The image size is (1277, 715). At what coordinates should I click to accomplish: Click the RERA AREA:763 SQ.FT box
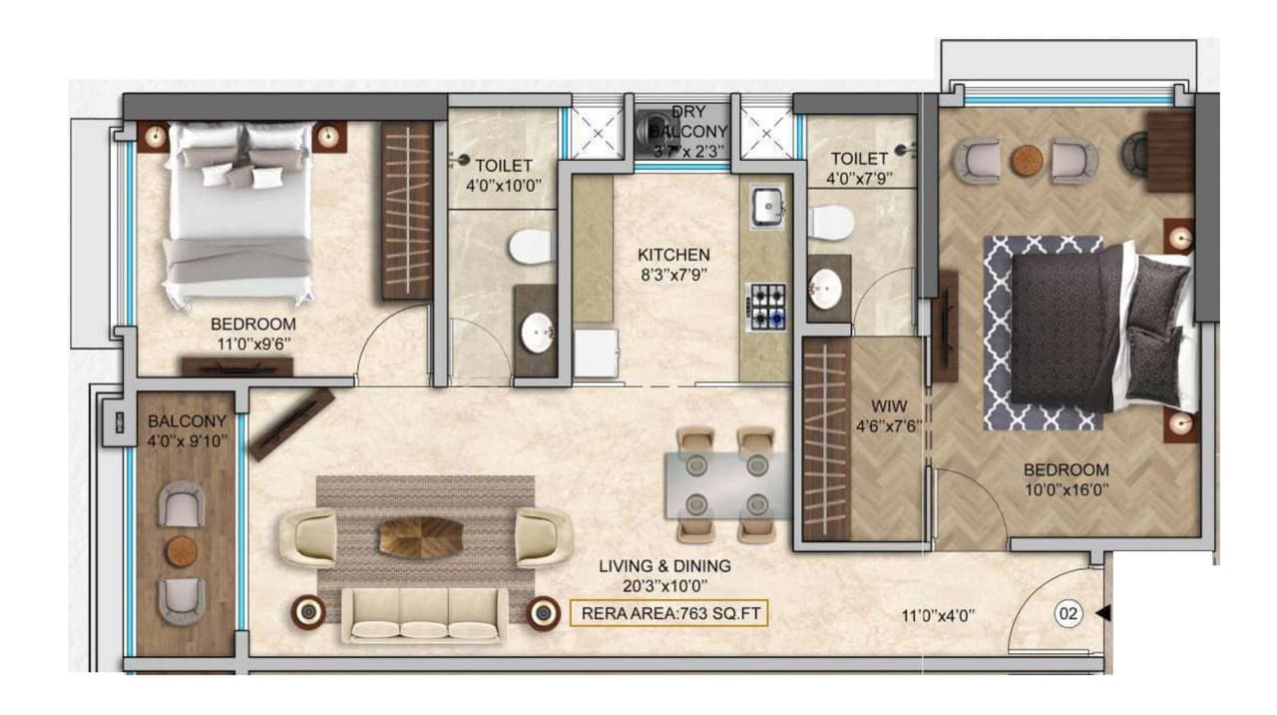tap(668, 612)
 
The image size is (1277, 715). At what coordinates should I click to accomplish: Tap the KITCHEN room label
tap(674, 265)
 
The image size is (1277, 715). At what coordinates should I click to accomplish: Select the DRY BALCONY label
tap(688, 131)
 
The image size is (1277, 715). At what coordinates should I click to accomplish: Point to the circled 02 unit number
tap(1068, 614)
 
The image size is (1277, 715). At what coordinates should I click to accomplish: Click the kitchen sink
tap(767, 207)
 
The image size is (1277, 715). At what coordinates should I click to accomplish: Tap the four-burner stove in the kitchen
tap(767, 306)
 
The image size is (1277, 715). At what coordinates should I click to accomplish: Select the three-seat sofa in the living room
tap(423, 612)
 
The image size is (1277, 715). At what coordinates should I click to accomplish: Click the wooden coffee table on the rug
tap(420, 536)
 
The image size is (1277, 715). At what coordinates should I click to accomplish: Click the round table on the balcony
tap(182, 550)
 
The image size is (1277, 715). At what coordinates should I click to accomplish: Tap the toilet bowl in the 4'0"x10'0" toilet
tap(529, 247)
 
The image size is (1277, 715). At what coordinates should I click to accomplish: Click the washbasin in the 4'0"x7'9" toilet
tap(826, 290)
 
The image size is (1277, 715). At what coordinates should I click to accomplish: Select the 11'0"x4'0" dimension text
tap(938, 616)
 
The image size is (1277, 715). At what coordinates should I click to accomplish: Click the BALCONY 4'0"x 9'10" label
tap(187, 430)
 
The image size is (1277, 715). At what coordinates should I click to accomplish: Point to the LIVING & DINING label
tap(664, 574)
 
